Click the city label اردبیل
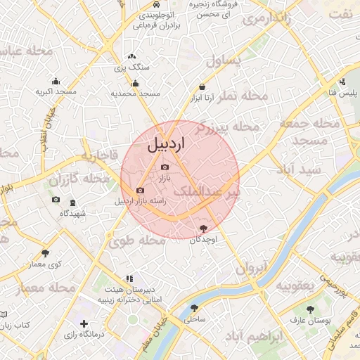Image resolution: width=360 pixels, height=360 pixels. click(x=167, y=146)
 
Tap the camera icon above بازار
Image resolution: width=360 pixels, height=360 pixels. click(x=165, y=167)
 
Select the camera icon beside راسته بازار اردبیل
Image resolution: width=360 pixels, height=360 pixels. click(x=140, y=190)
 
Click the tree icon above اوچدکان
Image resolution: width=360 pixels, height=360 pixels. click(x=204, y=228)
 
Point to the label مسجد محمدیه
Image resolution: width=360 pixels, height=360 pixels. click(x=136, y=94)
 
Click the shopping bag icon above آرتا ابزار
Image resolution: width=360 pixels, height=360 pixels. click(x=202, y=86)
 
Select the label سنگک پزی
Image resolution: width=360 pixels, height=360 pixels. click(x=131, y=68)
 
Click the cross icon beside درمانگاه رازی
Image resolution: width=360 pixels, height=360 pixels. click(x=84, y=324)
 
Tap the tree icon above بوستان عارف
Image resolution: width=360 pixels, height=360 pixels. click(x=310, y=309)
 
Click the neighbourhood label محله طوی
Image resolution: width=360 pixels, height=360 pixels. click(x=136, y=240)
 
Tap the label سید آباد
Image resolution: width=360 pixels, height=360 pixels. click(x=298, y=169)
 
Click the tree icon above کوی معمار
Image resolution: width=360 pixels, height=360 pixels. click(x=46, y=252)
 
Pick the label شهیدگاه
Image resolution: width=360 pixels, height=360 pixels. click(x=72, y=213)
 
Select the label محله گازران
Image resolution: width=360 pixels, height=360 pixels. click(x=79, y=180)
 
